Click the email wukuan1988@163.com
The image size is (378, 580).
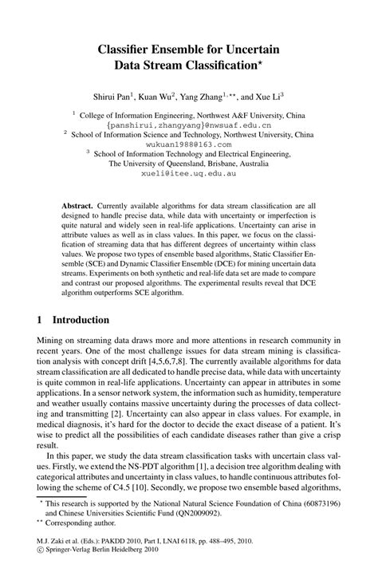pos(189,144)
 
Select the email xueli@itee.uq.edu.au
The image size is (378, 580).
pos(189,172)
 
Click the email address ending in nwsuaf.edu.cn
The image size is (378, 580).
pos(189,125)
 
